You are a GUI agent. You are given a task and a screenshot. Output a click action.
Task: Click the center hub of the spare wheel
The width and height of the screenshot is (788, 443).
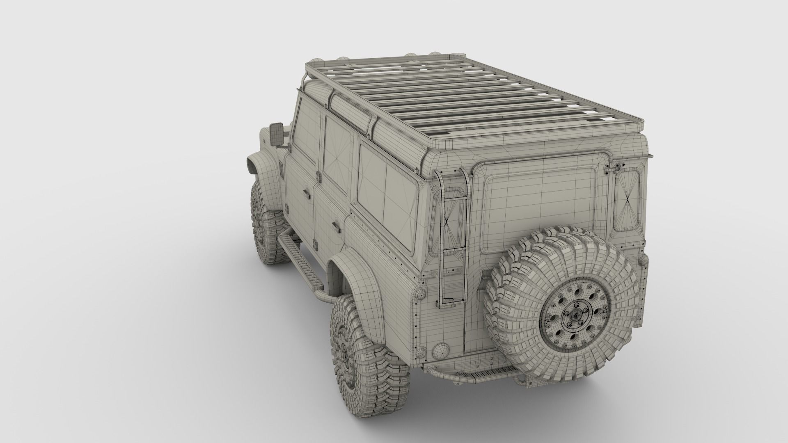pyautogui.click(x=575, y=316)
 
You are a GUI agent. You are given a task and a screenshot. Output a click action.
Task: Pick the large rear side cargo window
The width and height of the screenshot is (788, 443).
pyautogui.click(x=386, y=197)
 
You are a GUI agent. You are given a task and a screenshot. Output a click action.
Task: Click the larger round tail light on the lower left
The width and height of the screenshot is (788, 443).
pyautogui.click(x=440, y=351)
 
